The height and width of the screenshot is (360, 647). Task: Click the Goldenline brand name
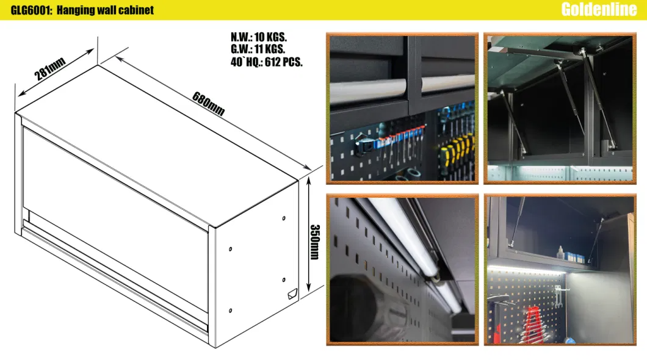(x=599, y=10)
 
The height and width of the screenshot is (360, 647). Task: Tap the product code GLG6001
(x=31, y=10)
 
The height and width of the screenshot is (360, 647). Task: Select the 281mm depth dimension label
(x=49, y=69)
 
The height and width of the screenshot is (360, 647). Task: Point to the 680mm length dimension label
(x=208, y=104)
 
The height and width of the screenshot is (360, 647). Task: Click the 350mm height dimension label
(x=315, y=242)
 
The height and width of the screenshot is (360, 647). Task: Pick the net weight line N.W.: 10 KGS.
(x=259, y=37)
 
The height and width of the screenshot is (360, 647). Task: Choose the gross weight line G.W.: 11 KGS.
(x=258, y=49)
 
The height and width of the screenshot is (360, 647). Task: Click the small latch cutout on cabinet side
(x=292, y=295)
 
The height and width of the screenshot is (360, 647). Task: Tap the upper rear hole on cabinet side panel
(x=284, y=218)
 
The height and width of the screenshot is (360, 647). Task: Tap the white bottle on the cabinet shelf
(x=561, y=253)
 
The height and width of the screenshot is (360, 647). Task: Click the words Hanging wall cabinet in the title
(x=105, y=10)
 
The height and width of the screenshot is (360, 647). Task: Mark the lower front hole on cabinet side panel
(x=230, y=311)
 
